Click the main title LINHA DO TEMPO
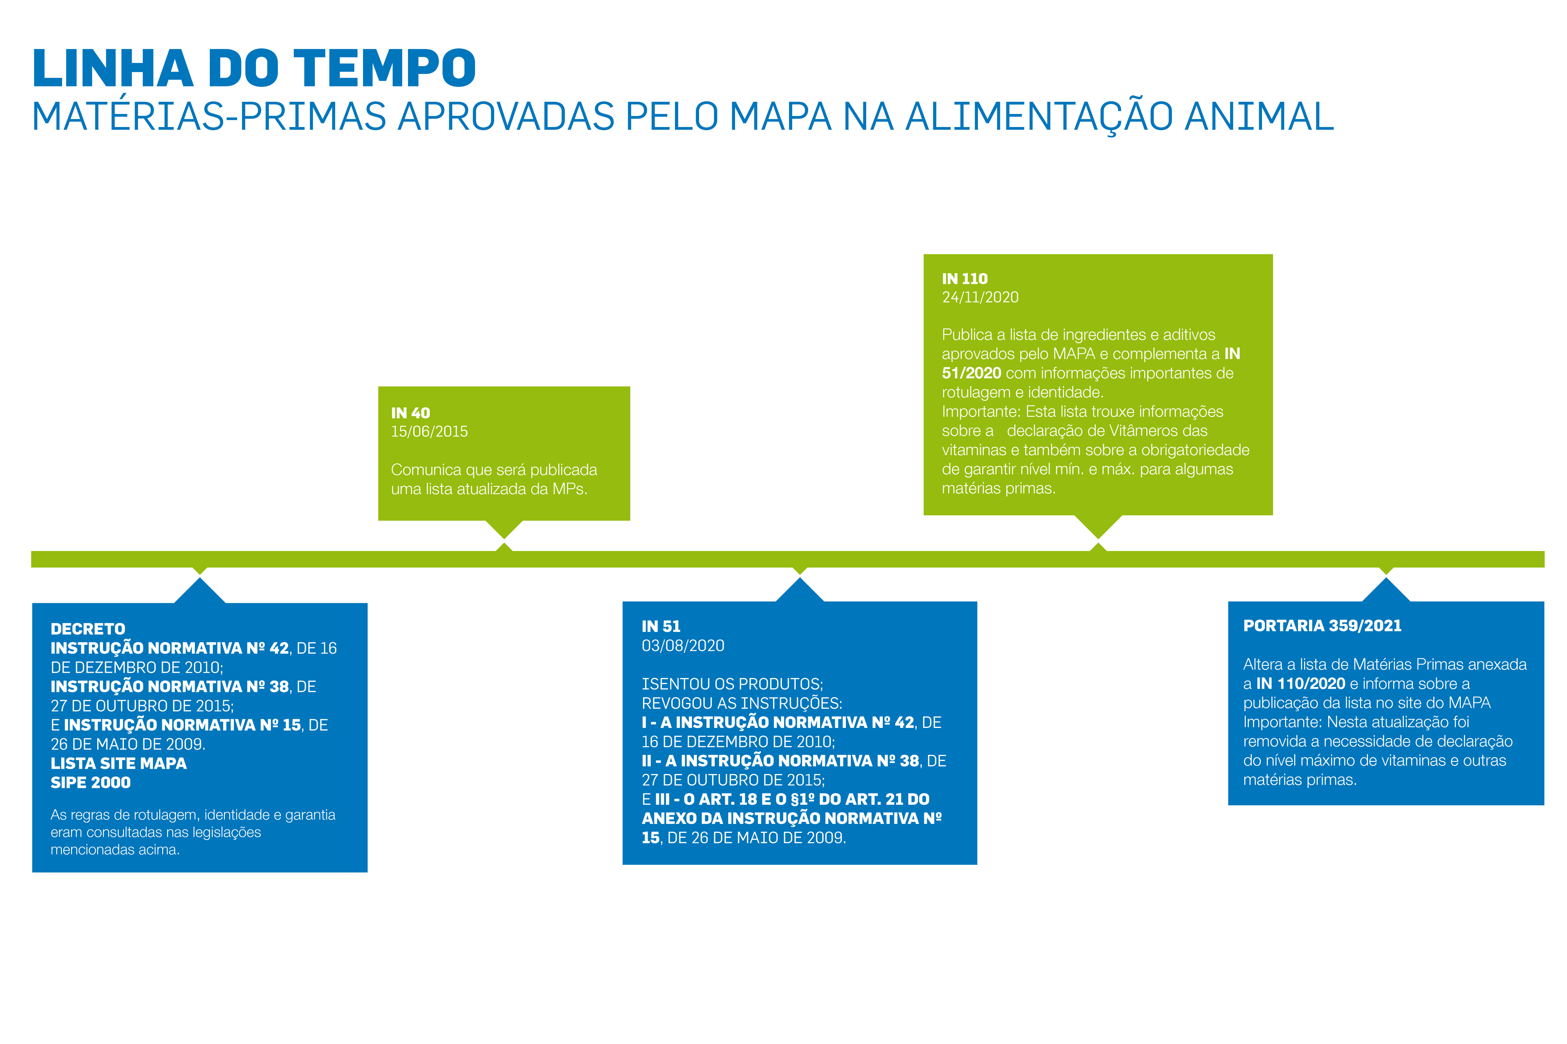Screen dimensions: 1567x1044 254,68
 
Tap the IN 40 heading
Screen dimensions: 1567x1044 410,413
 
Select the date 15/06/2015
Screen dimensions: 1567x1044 429,432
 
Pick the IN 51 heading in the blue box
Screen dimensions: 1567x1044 661,626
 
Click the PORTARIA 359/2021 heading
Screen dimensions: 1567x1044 1322,626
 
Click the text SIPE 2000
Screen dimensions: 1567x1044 91,782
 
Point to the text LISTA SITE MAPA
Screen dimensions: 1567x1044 119,763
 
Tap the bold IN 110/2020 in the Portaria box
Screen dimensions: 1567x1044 1301,684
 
